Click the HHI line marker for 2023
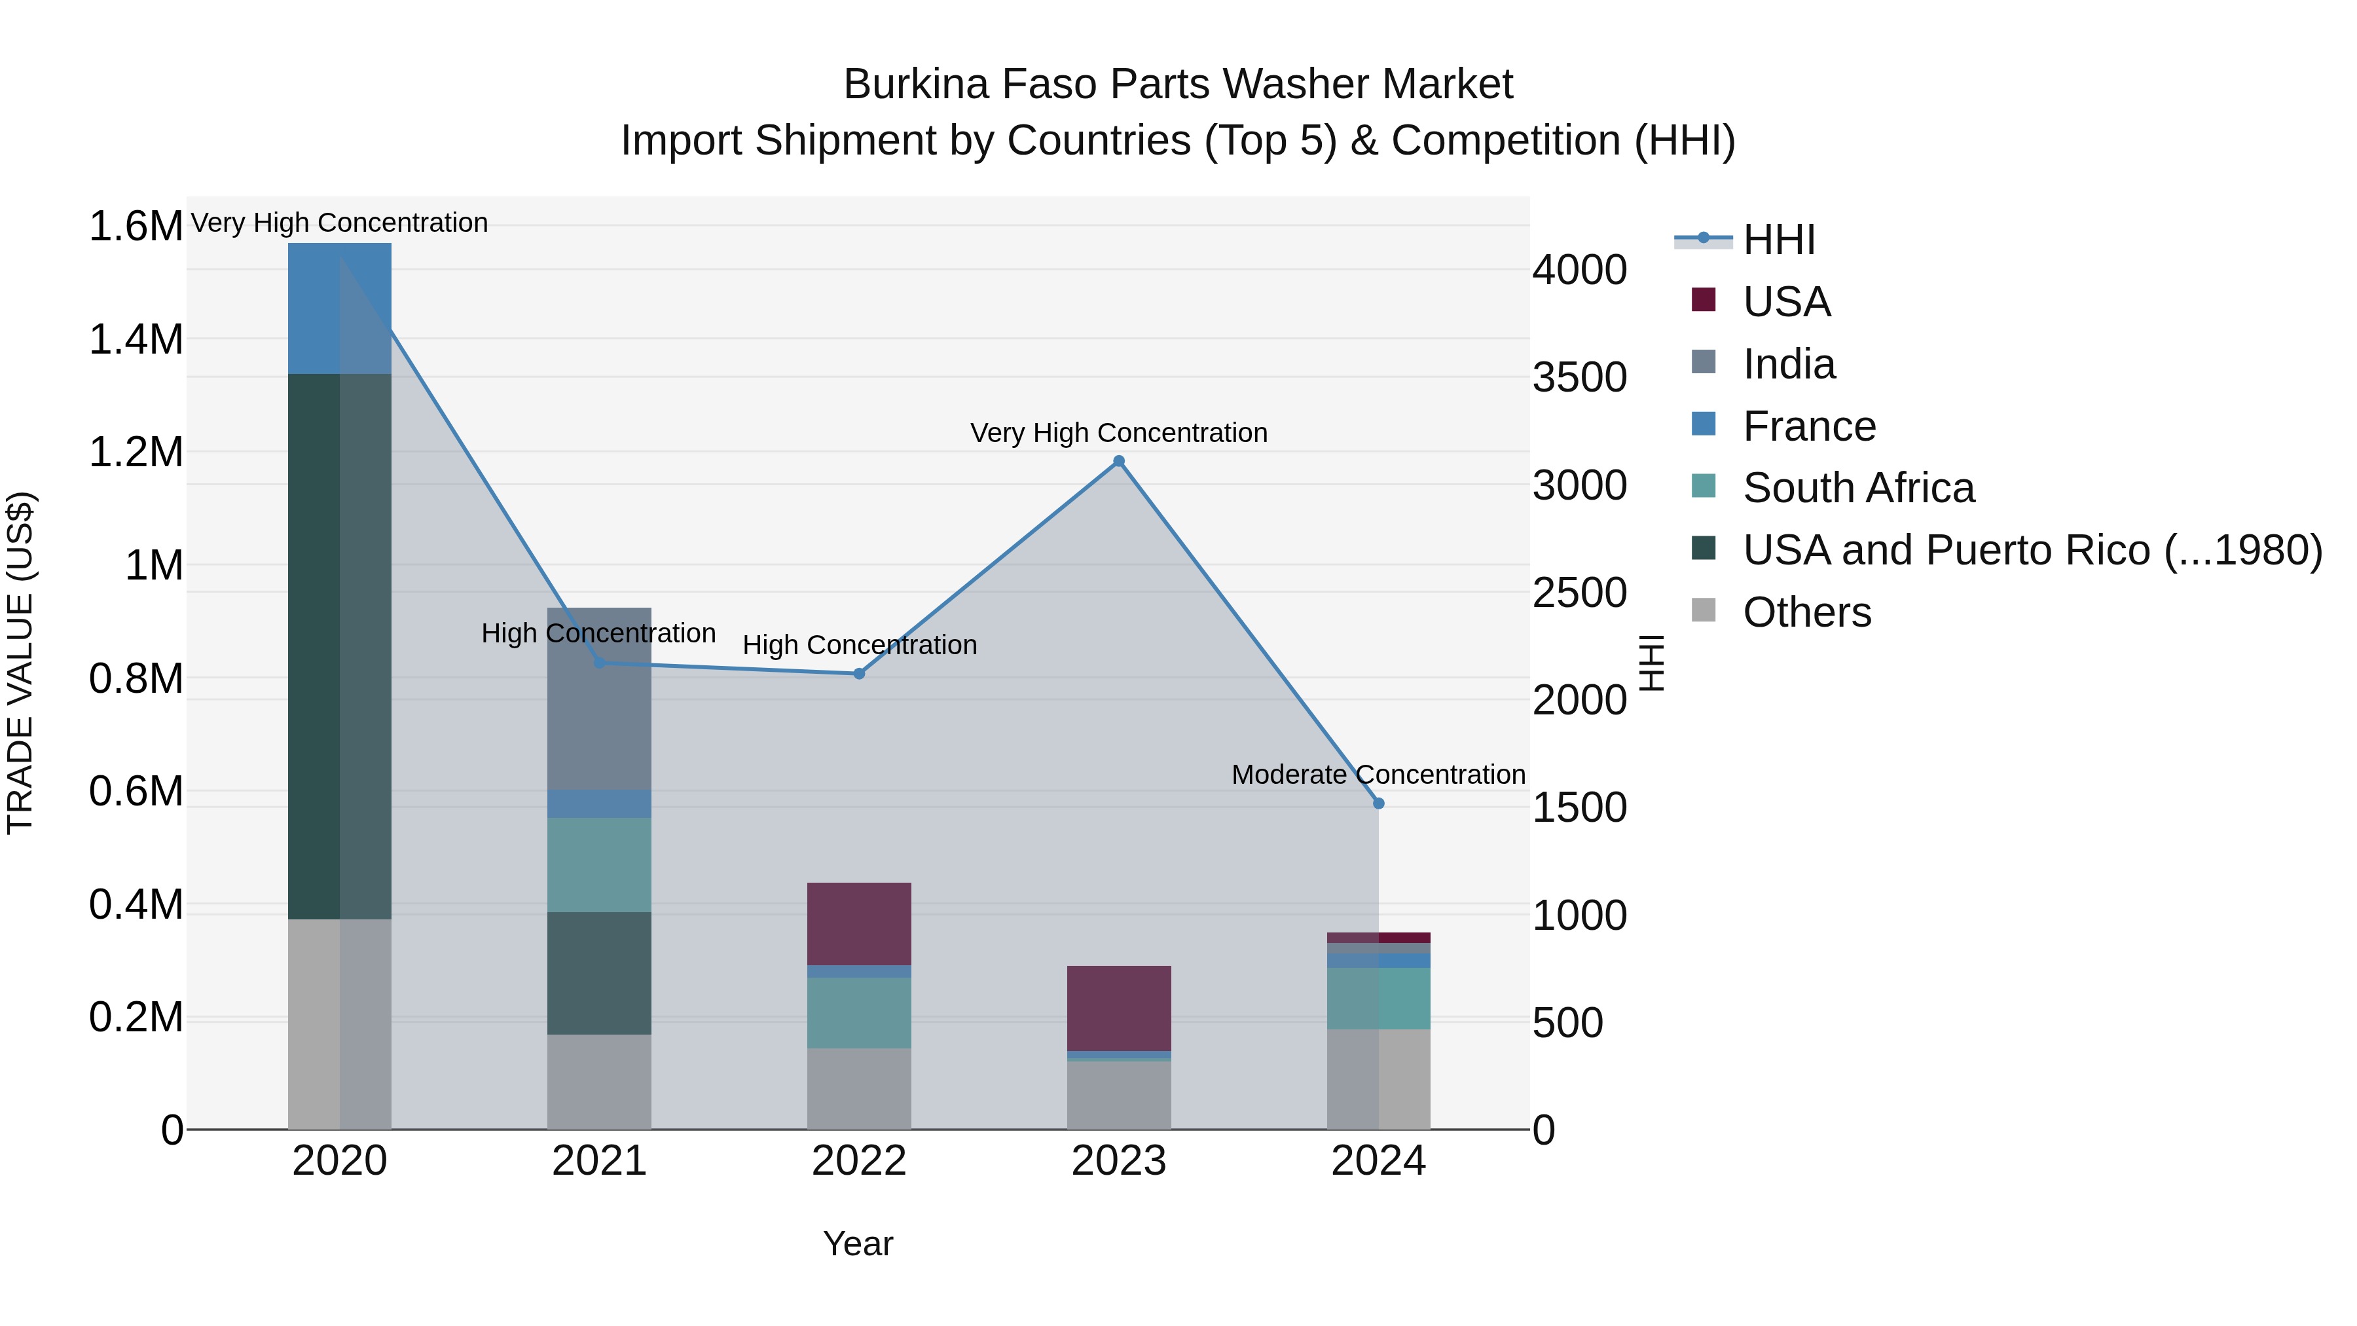pyautogui.click(x=1118, y=461)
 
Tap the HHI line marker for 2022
pyautogui.click(x=859, y=674)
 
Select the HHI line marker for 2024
pyautogui.click(x=1379, y=803)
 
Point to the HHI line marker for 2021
pyautogui.click(x=599, y=663)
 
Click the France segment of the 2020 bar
pyautogui.click(x=339, y=308)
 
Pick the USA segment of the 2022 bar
pyautogui.click(x=859, y=923)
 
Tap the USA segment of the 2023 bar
pyautogui.click(x=1118, y=1008)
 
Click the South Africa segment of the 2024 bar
pyautogui.click(x=1379, y=999)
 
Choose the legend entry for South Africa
pyautogui.click(x=1857, y=488)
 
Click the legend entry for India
pyautogui.click(x=1788, y=364)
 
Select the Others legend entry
pyautogui.click(x=1806, y=612)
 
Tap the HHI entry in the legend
pyautogui.click(x=1778, y=240)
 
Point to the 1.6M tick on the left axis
pyautogui.click(x=136, y=226)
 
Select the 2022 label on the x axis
pyautogui.click(x=859, y=1161)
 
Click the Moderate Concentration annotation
pyautogui.click(x=1378, y=774)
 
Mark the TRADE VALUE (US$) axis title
pyautogui.click(x=20, y=663)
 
